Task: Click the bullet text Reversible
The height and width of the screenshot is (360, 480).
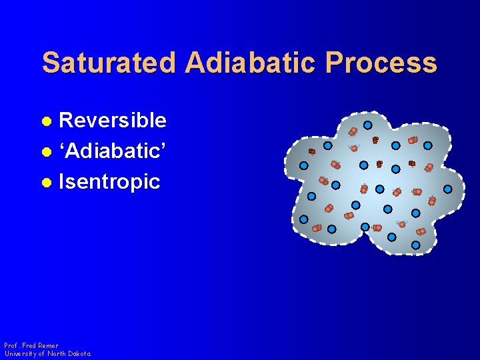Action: [x=113, y=120]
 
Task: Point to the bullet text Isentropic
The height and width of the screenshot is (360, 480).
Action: [x=109, y=181]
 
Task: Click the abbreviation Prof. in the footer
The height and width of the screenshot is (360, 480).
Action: [x=12, y=345]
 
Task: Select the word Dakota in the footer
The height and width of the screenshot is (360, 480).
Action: [x=79, y=353]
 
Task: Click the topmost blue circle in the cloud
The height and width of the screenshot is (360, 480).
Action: [x=367, y=125]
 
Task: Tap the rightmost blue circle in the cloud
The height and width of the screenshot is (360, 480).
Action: [x=448, y=189]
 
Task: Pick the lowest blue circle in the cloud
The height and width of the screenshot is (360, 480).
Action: [x=415, y=245]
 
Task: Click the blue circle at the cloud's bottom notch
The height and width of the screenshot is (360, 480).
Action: [x=365, y=227]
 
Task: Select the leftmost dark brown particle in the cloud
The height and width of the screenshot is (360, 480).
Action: [x=311, y=151]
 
